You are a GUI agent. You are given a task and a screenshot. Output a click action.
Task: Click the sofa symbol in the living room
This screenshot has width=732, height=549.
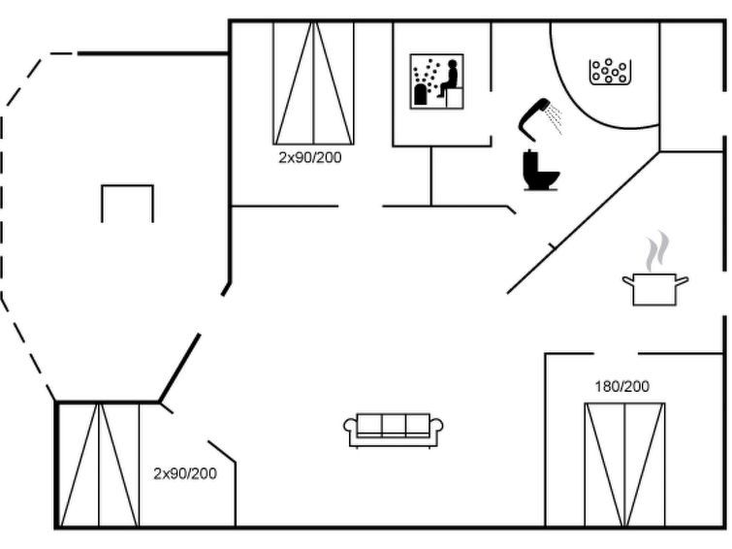pyautogui.click(x=393, y=431)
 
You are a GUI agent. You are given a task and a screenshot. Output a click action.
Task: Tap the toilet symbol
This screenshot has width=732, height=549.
pyautogui.click(x=540, y=171)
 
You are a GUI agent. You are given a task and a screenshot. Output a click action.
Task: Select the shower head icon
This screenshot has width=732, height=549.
pyautogui.click(x=533, y=118)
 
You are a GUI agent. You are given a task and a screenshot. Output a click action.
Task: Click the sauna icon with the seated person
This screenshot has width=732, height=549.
pyautogui.click(x=436, y=81)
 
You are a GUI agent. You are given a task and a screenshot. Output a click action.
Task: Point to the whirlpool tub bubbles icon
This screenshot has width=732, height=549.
pyautogui.click(x=610, y=72)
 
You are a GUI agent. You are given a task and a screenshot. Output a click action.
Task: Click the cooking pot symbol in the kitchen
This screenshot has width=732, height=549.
pyautogui.click(x=655, y=290)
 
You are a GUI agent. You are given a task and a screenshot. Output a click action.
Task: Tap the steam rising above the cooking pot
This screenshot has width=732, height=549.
pyautogui.click(x=656, y=251)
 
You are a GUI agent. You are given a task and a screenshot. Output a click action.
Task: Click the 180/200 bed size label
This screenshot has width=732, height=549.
pyautogui.click(x=621, y=386)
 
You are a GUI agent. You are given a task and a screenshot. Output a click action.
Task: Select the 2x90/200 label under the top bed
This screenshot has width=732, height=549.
pyautogui.click(x=310, y=157)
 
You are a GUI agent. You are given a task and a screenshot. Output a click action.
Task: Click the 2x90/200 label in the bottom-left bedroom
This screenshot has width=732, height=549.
pyautogui.click(x=185, y=473)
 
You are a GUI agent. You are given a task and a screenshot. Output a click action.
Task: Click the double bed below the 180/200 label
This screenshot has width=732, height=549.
pyautogui.click(x=624, y=465)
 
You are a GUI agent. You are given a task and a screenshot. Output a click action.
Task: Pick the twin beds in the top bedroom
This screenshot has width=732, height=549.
pyautogui.click(x=313, y=83)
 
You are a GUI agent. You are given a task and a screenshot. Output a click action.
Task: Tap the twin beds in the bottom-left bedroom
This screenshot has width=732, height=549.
pyautogui.click(x=99, y=465)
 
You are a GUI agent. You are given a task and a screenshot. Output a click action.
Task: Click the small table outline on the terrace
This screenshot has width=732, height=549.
pyautogui.click(x=127, y=186)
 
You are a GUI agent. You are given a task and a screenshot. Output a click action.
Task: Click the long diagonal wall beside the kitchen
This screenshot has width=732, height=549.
pyautogui.click(x=584, y=222)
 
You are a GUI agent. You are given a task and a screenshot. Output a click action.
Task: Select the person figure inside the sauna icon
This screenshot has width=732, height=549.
pyautogui.click(x=449, y=79)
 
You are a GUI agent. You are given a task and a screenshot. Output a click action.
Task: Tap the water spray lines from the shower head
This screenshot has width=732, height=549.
pyautogui.click(x=556, y=119)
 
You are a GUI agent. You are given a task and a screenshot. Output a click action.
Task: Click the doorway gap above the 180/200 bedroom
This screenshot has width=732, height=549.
pyautogui.click(x=616, y=354)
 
